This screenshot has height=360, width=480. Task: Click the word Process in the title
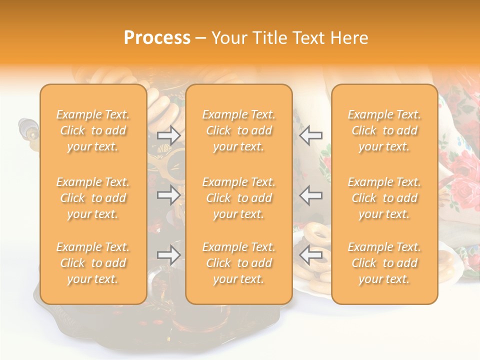(x=157, y=38)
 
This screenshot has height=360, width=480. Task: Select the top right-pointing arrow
(x=168, y=135)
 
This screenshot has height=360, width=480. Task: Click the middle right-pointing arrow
(x=168, y=195)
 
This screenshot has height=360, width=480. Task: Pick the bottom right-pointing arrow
(x=168, y=255)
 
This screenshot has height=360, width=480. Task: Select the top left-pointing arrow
(x=311, y=135)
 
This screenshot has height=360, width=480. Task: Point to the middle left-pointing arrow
(x=311, y=195)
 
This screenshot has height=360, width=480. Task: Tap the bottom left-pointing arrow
(x=311, y=255)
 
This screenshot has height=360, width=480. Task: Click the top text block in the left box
(x=93, y=130)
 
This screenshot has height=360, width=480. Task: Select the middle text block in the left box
(x=93, y=198)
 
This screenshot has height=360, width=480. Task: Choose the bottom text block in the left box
(x=93, y=263)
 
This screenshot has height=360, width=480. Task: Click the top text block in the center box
(x=238, y=130)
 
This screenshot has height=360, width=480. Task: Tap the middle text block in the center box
(x=238, y=198)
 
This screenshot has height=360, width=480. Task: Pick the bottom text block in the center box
(x=238, y=263)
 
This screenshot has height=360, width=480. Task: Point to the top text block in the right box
(x=384, y=130)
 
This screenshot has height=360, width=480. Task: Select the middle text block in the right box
(x=384, y=198)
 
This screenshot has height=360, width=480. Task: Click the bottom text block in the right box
(x=384, y=263)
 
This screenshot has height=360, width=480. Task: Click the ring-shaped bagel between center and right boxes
(x=316, y=232)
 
